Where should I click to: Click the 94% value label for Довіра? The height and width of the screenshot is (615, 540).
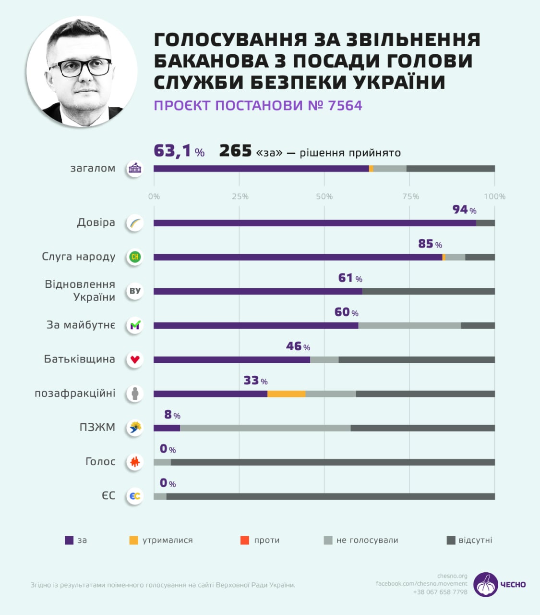(464, 210)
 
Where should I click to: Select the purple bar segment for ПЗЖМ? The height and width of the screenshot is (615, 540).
(167, 428)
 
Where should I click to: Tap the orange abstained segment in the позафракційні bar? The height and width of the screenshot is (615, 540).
(286, 394)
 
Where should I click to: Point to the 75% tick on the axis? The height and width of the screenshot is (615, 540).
(410, 197)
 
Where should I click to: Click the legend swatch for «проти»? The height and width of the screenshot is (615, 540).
(245, 541)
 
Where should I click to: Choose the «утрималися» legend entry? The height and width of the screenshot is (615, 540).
(161, 541)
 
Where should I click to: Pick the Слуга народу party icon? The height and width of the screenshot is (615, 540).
(135, 257)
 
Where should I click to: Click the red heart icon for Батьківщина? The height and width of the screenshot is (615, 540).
(135, 359)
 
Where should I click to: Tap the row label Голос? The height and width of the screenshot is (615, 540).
(100, 462)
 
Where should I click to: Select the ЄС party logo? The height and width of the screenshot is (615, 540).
(135, 496)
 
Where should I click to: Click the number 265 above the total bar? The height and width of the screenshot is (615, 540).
(235, 151)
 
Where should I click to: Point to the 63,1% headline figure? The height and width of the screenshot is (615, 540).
(179, 151)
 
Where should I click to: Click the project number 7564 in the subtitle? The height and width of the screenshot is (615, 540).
(345, 106)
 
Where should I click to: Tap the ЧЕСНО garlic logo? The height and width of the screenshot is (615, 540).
(486, 584)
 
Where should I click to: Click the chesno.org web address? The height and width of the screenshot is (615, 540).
(452, 576)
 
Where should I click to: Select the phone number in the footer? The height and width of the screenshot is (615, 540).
(440, 592)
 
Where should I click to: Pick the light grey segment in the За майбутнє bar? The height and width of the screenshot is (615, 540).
(409, 326)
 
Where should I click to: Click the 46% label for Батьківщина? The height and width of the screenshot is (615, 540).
(298, 346)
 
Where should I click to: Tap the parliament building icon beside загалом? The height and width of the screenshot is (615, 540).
(135, 169)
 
